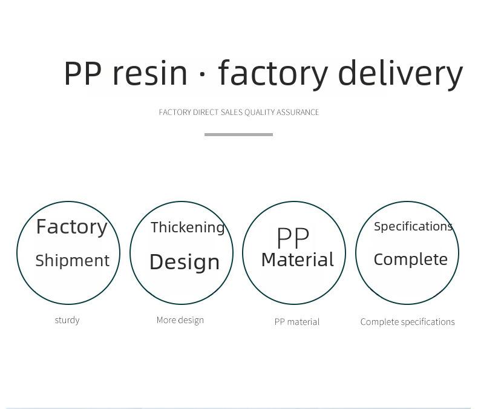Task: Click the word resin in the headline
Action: pyautogui.click(x=149, y=73)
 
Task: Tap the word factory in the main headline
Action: pyautogui.click(x=273, y=74)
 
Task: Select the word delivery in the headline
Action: pyautogui.click(x=401, y=74)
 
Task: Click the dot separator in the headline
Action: pyautogui.click(x=202, y=74)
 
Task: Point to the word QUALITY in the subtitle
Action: pyautogui.click(x=260, y=113)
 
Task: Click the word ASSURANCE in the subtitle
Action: pyautogui.click(x=298, y=113)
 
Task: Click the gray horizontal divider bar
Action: pyautogui.click(x=238, y=134)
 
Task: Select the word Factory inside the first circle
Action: pyautogui.click(x=71, y=227)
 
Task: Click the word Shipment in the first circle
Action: pyautogui.click(x=72, y=261)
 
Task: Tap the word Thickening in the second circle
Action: pyautogui.click(x=188, y=228)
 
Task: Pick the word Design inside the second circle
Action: pyautogui.click(x=185, y=262)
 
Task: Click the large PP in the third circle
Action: pyautogui.click(x=293, y=238)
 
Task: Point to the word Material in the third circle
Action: pyautogui.click(x=298, y=260)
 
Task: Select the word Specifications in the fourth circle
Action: pyautogui.click(x=413, y=227)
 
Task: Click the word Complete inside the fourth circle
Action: pyautogui.click(x=411, y=260)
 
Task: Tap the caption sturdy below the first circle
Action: pyautogui.click(x=67, y=320)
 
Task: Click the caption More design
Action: pyautogui.click(x=180, y=320)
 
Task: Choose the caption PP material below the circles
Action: pyautogui.click(x=297, y=322)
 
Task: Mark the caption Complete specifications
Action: pyautogui.click(x=408, y=322)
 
